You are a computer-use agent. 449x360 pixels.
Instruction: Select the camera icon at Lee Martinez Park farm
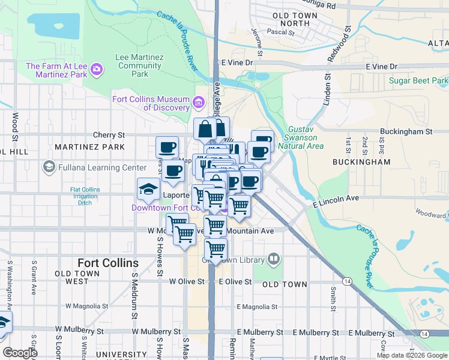(97, 70)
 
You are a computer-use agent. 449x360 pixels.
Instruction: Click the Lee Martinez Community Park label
(139, 65)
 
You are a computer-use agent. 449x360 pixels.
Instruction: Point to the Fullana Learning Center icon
(49, 167)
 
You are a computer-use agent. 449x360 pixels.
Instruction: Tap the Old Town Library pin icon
(274, 259)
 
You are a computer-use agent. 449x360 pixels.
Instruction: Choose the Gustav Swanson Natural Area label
(306, 137)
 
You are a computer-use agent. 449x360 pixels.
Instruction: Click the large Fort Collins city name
(108, 263)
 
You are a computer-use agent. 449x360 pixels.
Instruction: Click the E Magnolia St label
(257, 307)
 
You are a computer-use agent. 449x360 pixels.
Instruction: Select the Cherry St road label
(109, 136)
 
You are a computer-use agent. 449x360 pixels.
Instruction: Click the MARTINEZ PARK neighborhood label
(89, 147)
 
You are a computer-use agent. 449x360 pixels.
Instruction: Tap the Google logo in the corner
(20, 353)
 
